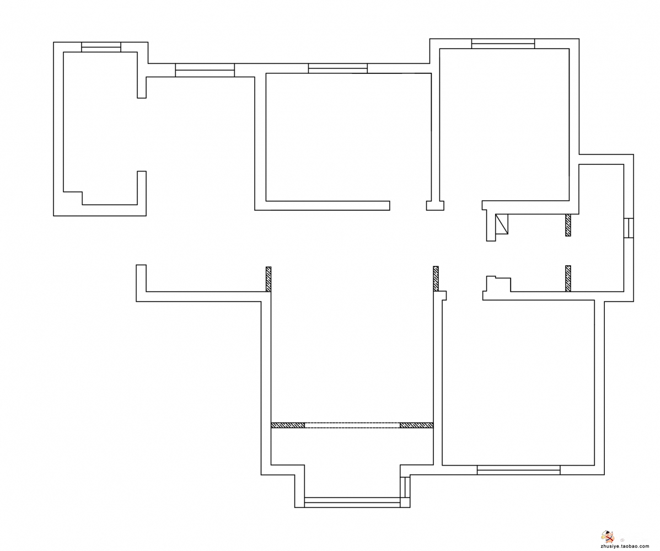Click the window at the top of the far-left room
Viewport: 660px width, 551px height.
point(101,47)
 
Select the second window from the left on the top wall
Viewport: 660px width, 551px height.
point(205,70)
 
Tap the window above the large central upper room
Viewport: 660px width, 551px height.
point(337,68)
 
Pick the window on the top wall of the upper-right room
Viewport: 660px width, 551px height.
point(503,44)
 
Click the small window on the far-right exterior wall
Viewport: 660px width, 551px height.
point(629,228)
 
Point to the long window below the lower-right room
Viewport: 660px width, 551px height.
point(518,470)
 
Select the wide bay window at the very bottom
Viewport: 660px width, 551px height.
point(352,502)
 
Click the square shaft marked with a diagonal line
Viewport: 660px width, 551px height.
point(502,224)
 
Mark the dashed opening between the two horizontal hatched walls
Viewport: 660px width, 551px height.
point(352,425)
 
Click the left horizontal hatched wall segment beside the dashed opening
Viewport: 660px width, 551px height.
point(287,425)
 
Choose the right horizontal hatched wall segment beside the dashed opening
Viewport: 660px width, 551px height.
point(417,425)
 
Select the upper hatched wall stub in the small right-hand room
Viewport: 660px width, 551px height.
point(568,225)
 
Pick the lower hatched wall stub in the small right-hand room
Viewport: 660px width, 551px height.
point(568,278)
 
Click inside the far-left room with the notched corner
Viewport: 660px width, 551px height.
point(100,126)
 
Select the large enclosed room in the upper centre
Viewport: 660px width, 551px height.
point(348,137)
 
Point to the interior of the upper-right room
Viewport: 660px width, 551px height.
point(505,125)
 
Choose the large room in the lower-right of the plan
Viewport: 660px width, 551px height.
point(518,383)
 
